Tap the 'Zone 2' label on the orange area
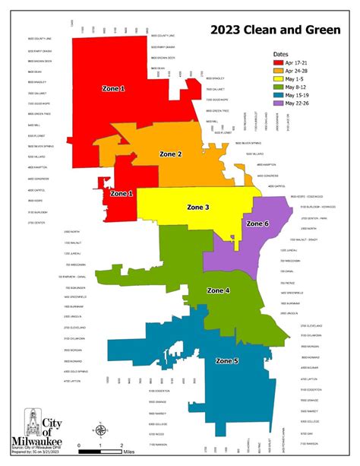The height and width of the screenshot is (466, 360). (170, 154)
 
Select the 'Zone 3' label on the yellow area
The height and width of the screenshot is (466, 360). (197, 206)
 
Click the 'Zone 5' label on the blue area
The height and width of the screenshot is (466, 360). (226, 360)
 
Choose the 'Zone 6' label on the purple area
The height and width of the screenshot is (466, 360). (256, 223)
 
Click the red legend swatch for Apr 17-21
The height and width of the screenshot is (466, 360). (282, 64)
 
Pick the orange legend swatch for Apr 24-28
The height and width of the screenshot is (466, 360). (282, 72)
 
